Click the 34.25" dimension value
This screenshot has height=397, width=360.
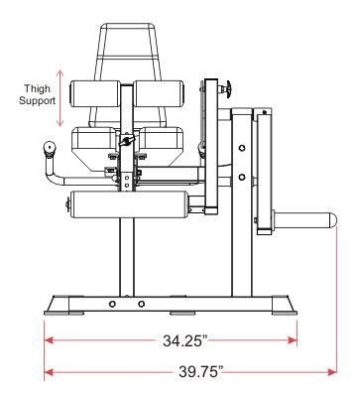(185, 340)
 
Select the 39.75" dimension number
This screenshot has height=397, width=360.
(201, 371)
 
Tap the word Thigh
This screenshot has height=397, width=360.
(37, 89)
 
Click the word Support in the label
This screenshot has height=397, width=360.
(37, 101)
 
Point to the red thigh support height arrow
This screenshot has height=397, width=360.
(60, 98)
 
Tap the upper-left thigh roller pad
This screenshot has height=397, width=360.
(95, 93)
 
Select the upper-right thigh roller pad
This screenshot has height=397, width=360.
(159, 93)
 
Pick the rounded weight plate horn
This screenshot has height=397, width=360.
(304, 220)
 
